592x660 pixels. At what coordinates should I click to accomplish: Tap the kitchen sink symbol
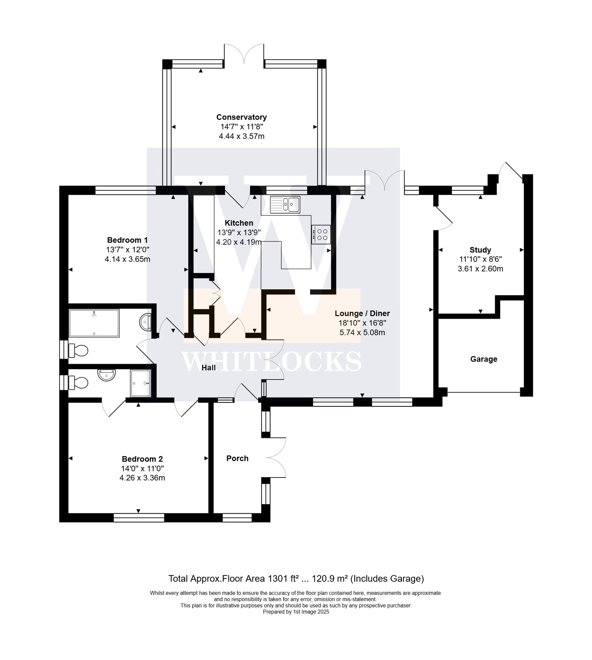point(285,204)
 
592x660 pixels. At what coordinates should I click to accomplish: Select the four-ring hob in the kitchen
point(321,234)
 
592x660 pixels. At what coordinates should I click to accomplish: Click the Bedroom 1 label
point(127,240)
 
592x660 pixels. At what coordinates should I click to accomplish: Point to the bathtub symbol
point(94,323)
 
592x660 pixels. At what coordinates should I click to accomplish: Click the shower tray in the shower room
point(141,383)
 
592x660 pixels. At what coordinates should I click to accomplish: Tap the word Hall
point(208,367)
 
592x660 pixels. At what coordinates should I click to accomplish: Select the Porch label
point(237,458)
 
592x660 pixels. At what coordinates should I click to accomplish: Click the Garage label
point(483,359)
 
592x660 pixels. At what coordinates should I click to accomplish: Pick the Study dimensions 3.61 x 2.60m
point(480,269)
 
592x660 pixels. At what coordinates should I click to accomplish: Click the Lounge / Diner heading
point(362,313)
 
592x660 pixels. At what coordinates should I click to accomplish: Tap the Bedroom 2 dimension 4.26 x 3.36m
point(142,478)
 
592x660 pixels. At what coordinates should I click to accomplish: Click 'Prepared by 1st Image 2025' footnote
point(296,612)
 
